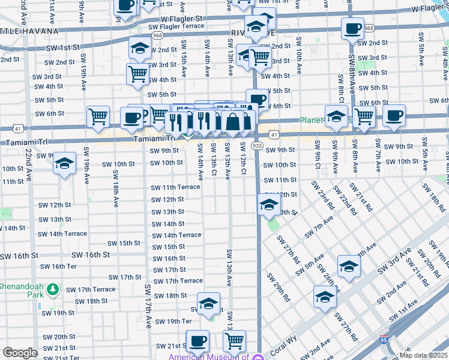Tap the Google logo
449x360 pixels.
[20, 353]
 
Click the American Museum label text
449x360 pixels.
[208, 357]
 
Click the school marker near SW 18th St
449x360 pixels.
[208, 303]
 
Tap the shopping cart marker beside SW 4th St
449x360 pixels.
[137, 74]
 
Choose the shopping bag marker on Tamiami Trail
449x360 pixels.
[232, 122]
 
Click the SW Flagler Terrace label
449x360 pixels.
[179, 27]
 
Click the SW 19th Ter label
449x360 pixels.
[173, 322]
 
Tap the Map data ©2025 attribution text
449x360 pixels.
[424, 356]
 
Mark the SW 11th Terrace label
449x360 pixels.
[175, 187]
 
